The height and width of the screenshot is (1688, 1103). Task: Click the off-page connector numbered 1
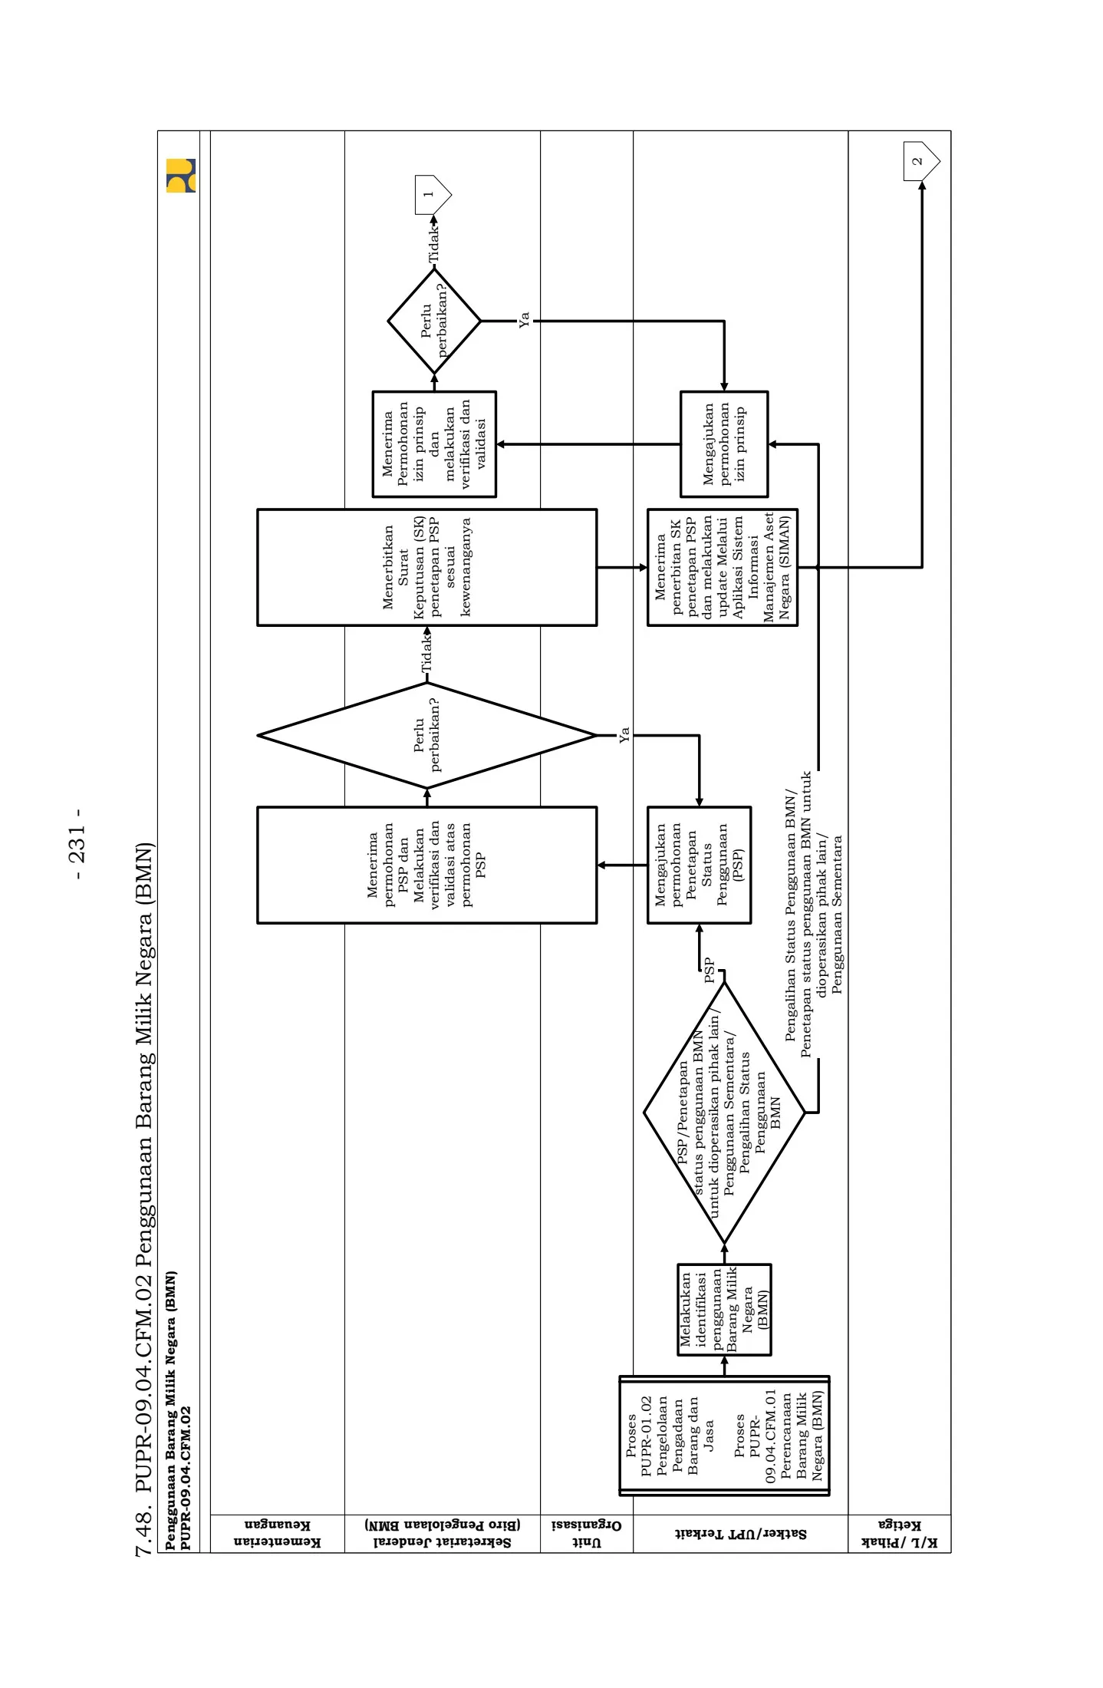432,194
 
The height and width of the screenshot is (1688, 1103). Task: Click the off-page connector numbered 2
920,161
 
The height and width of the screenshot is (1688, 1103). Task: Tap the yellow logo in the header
181,176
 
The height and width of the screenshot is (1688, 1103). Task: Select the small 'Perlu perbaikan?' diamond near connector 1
434,321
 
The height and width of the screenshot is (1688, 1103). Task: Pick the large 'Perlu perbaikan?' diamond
426,735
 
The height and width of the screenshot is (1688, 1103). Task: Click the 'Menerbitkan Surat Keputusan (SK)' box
426,567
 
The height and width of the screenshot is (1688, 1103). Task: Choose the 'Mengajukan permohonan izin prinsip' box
723,444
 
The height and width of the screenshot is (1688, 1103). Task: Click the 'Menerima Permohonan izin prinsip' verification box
434,444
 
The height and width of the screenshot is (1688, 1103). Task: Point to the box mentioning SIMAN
722,567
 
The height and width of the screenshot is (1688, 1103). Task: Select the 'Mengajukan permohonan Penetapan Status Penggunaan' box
699,865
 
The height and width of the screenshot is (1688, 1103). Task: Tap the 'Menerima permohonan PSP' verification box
426,865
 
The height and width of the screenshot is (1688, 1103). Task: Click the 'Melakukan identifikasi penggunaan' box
723,1310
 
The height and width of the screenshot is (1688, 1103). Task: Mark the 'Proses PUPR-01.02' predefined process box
723,1436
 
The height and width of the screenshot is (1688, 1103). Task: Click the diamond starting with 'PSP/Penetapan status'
724,1112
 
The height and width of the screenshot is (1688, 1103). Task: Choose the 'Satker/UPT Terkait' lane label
740,1534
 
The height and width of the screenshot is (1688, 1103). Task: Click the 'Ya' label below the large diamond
624,734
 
